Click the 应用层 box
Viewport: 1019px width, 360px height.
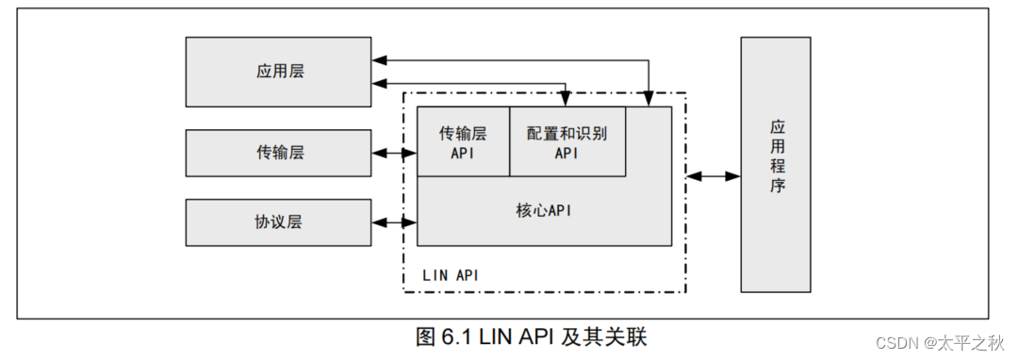pyautogui.click(x=278, y=72)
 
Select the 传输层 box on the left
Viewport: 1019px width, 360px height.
pyautogui.click(x=278, y=153)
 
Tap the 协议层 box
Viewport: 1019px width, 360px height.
pyautogui.click(x=278, y=222)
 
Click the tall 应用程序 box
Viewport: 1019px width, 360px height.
pyautogui.click(x=775, y=164)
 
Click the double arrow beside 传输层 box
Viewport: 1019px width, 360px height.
pyautogui.click(x=395, y=153)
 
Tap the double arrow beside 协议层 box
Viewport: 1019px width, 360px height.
pyautogui.click(x=395, y=223)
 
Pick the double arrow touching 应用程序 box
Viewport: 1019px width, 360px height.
pyautogui.click(x=714, y=176)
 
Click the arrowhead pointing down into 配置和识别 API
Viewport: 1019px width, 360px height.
pyautogui.click(x=566, y=100)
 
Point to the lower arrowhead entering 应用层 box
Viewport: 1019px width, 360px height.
pyautogui.click(x=378, y=84)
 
